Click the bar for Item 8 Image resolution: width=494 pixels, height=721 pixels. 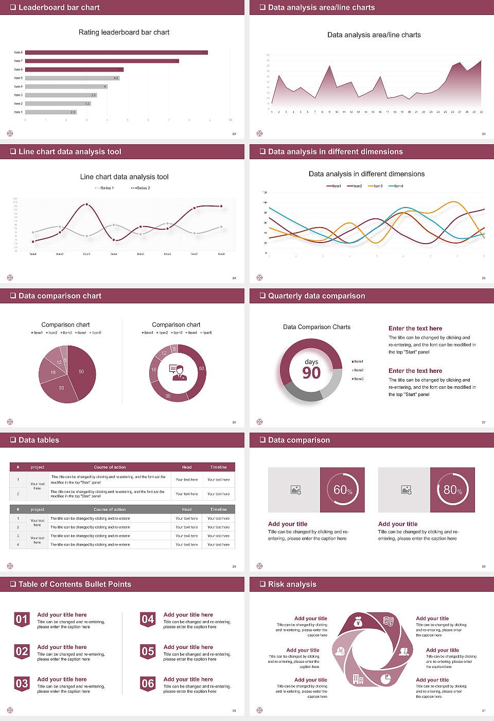coord(116,53)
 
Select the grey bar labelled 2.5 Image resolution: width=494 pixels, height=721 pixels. coord(50,112)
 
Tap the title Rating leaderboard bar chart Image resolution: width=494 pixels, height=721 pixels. coord(123,32)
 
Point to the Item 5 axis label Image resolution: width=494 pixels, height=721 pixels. coord(18,78)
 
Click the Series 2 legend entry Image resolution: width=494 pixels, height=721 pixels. coord(141,188)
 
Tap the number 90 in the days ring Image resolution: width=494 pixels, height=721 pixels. coord(311,373)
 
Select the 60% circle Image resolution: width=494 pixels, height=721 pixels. coord(342,490)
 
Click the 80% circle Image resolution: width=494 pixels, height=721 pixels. coord(452,490)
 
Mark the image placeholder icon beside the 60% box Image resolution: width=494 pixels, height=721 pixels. coord(295,490)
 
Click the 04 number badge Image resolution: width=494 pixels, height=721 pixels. coord(148,620)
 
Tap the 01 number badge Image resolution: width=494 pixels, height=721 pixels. coord(22,620)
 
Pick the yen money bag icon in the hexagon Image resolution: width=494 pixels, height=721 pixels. coord(358,623)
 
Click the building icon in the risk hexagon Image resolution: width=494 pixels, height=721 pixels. coord(358,679)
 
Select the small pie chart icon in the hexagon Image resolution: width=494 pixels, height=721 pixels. coord(385,679)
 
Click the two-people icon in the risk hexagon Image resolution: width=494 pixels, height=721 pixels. coord(403,651)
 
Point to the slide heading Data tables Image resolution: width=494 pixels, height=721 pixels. coord(39,440)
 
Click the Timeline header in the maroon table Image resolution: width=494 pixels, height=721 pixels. coord(218,467)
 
